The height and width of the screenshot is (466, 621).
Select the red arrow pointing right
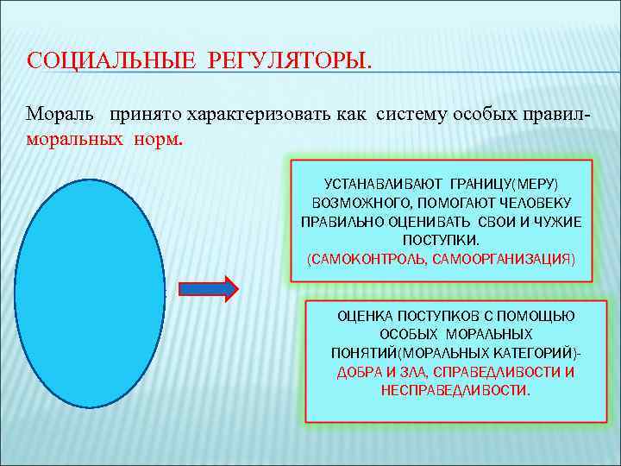point(207,288)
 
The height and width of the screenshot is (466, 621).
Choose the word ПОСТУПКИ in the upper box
point(442,239)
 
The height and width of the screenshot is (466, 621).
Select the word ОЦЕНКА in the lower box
point(364,317)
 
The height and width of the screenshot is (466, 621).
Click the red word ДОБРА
point(358,372)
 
